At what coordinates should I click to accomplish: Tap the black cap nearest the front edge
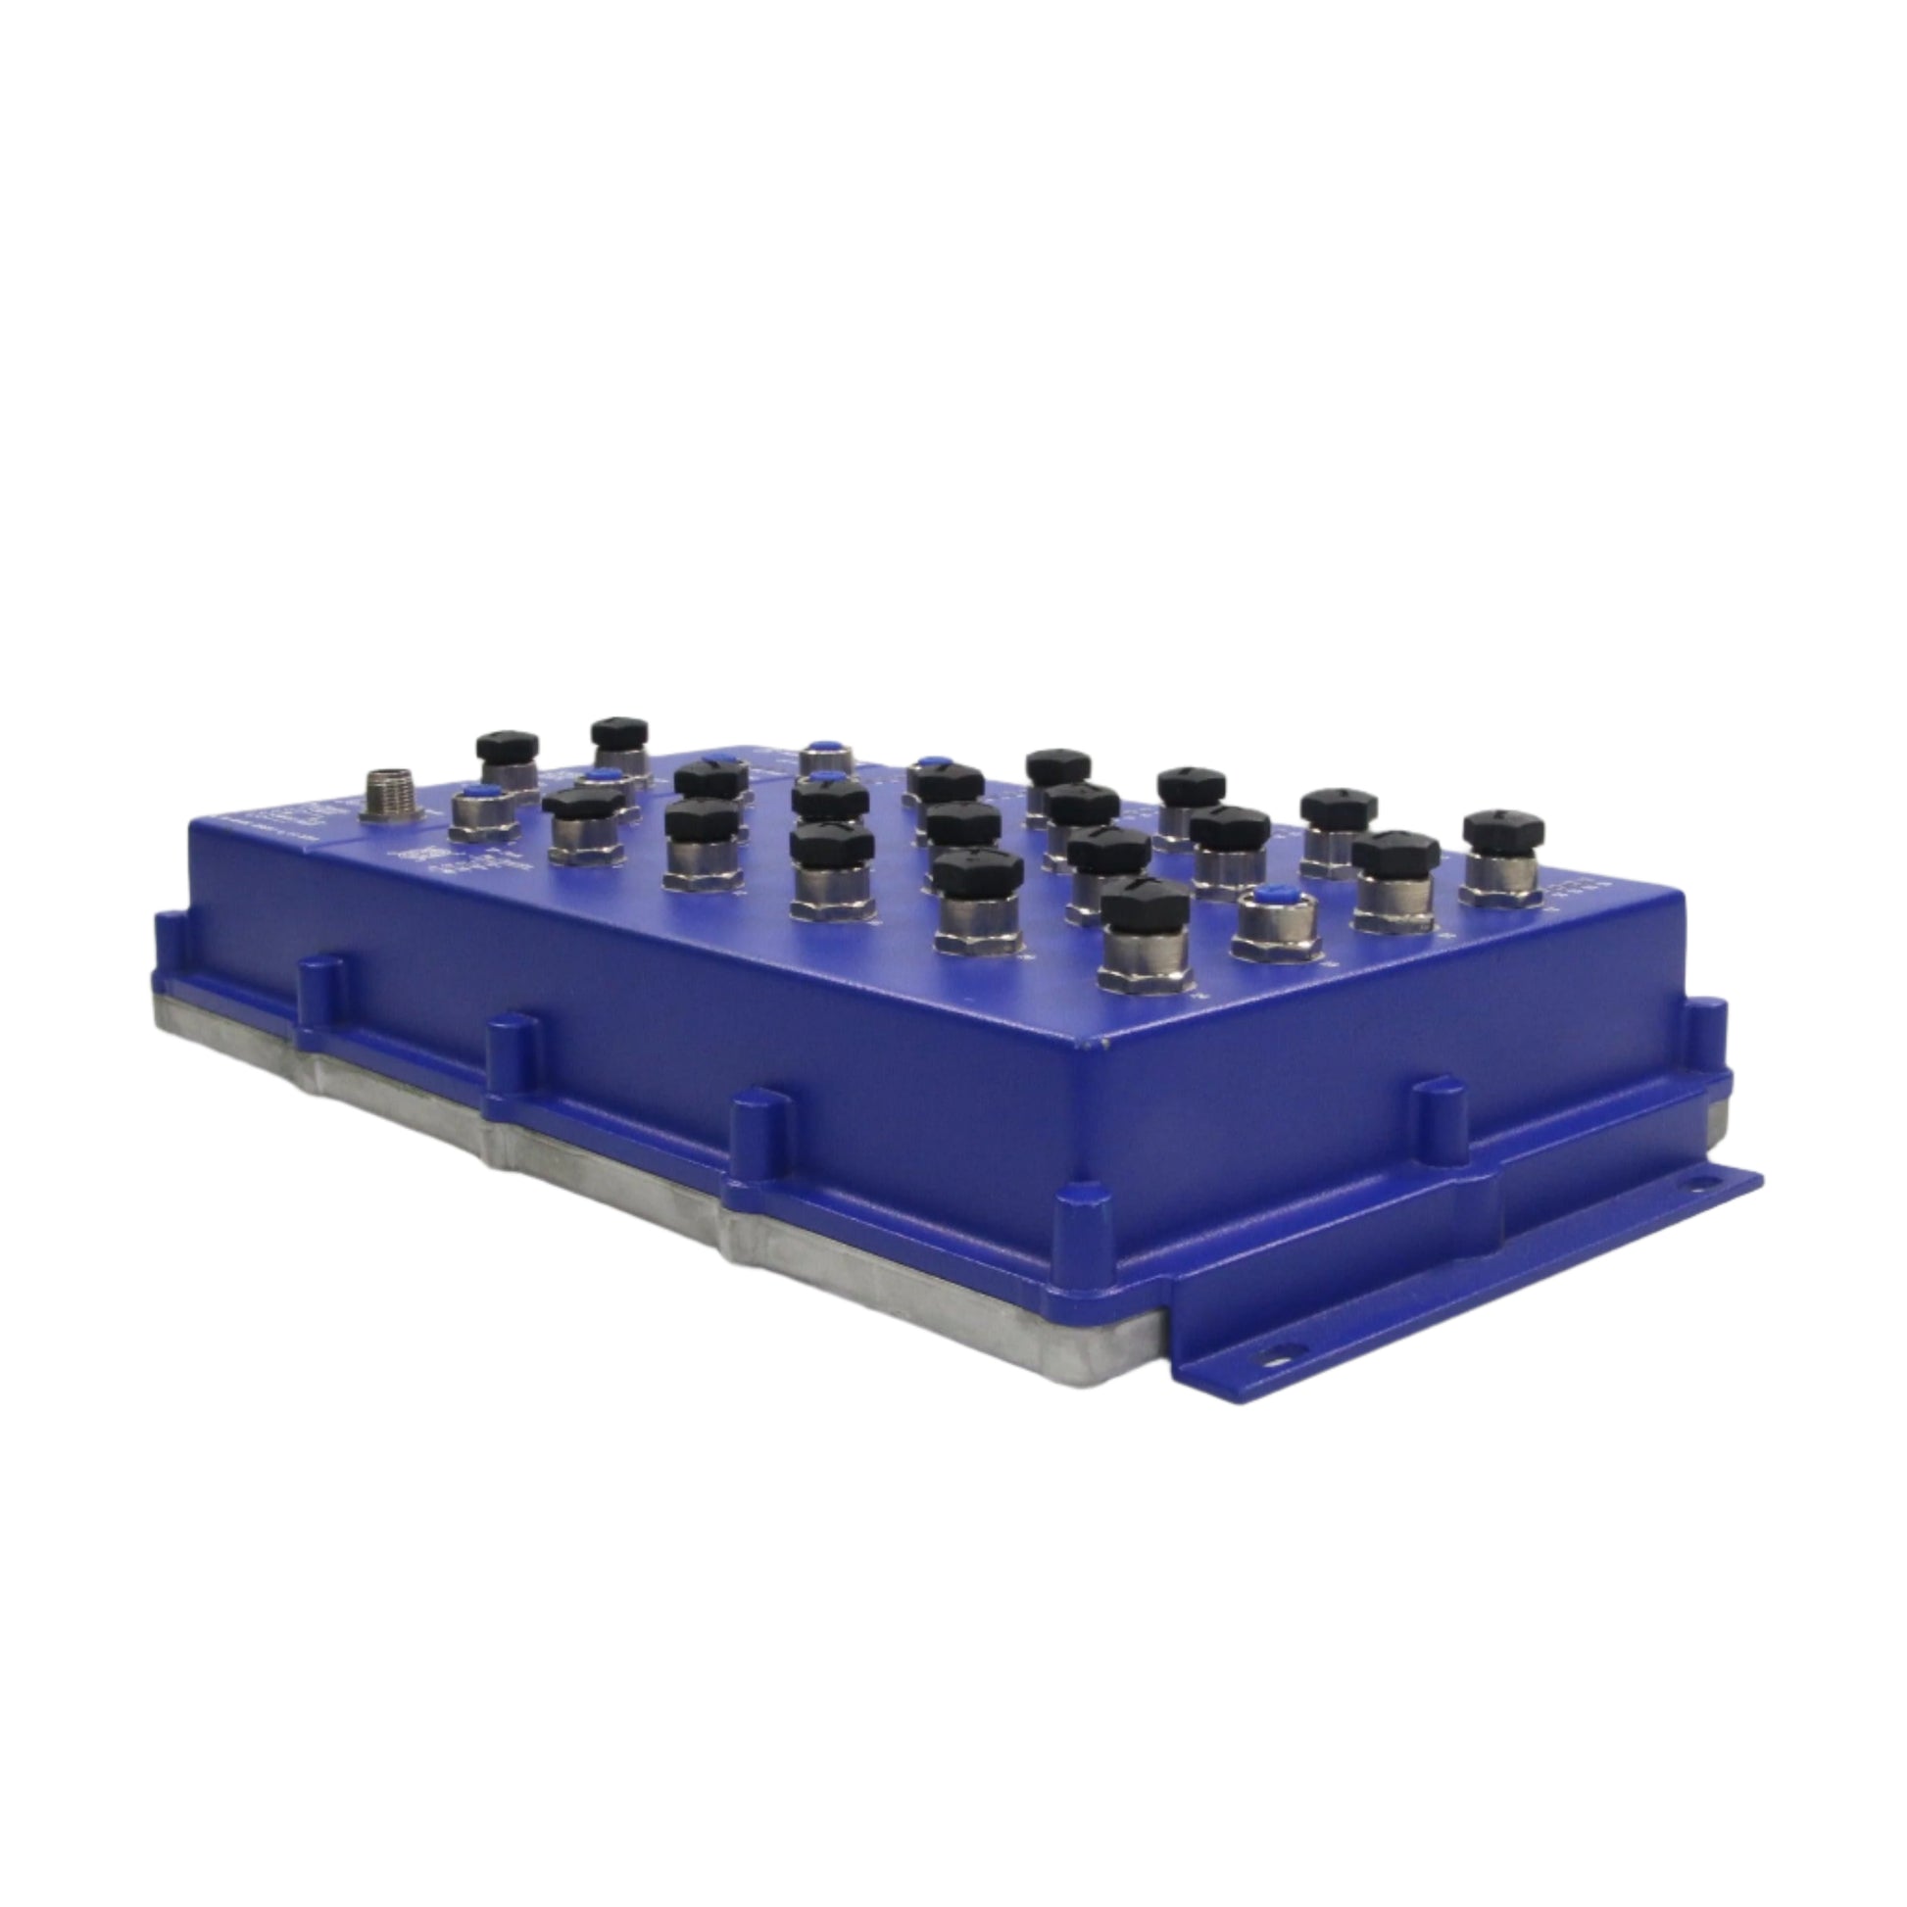pos(1144,903)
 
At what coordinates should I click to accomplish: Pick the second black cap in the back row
pos(620,732)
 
